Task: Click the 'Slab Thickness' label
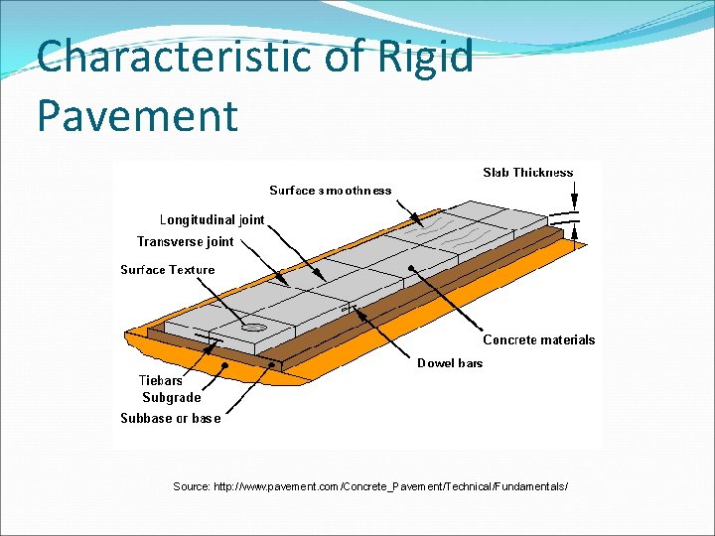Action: coord(527,173)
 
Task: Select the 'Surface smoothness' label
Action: coord(330,191)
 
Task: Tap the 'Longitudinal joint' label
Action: coord(213,220)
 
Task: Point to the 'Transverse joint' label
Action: coord(186,241)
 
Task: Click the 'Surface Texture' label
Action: coord(167,270)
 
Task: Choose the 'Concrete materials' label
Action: coord(538,339)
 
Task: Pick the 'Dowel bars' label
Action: coord(449,363)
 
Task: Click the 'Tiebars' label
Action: coord(160,381)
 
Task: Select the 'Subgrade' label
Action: coord(171,398)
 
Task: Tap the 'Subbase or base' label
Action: coord(170,418)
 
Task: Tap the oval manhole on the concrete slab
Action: coord(252,326)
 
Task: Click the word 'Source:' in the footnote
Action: coord(191,486)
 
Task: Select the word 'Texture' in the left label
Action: coord(192,270)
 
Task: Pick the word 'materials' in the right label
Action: coord(566,339)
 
